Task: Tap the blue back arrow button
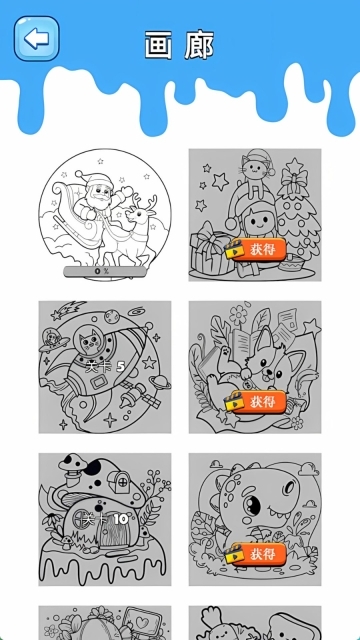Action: point(36,39)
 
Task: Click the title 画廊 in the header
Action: point(179,44)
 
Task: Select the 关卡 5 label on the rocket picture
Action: point(104,367)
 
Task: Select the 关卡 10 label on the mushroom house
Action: point(104,520)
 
